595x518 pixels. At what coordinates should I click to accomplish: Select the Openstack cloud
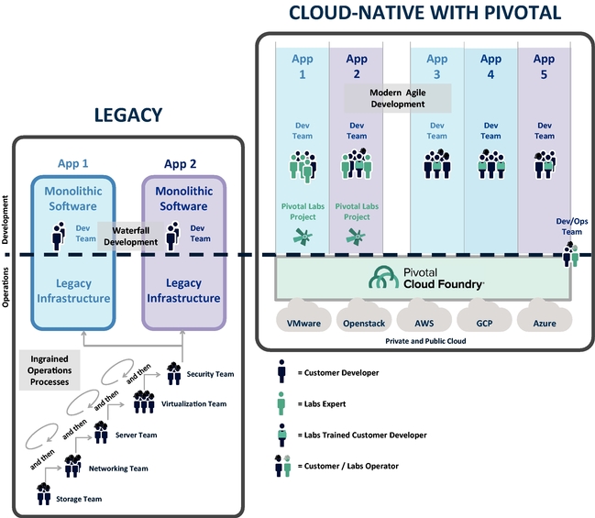(x=365, y=322)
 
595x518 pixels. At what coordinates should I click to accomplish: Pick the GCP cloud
(x=485, y=322)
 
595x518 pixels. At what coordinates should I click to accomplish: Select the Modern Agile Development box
(x=398, y=98)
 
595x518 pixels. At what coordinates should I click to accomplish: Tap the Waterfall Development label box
(x=130, y=235)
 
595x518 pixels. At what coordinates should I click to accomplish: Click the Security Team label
(x=210, y=374)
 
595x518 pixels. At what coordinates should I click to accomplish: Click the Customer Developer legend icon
(x=282, y=372)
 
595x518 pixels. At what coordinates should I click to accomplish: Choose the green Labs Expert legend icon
(x=282, y=402)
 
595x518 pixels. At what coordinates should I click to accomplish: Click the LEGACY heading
(x=128, y=115)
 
